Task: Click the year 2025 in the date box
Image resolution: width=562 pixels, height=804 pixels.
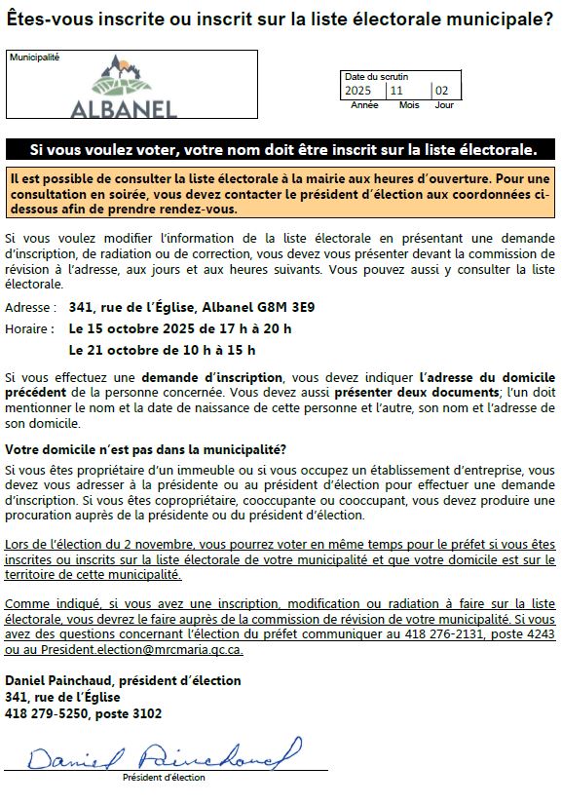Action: pos(358,91)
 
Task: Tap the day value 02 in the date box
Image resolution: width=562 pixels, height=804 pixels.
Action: pos(442,91)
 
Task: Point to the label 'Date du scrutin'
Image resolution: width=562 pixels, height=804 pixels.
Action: pos(376,76)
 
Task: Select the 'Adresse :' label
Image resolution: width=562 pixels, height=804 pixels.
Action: pos(30,307)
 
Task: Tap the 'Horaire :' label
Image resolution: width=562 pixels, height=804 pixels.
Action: pos(30,328)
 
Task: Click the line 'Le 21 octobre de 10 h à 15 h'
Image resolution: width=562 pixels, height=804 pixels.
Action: pos(162,349)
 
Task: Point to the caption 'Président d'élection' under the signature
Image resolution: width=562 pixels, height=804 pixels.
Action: pos(164,778)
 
